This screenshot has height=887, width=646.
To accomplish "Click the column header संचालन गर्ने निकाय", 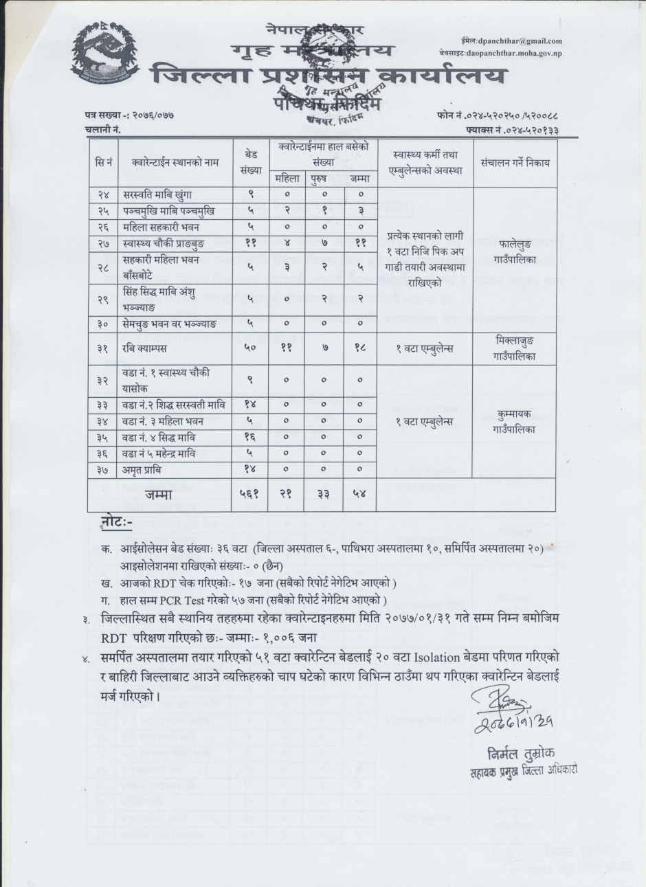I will [x=515, y=164].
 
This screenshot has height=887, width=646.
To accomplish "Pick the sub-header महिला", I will [x=286, y=179].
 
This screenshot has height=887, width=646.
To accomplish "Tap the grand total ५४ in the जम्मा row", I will [x=359, y=494].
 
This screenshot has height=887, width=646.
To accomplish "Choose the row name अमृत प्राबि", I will [x=144, y=469].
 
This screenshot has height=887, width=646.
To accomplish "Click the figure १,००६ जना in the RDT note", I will [x=285, y=637].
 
